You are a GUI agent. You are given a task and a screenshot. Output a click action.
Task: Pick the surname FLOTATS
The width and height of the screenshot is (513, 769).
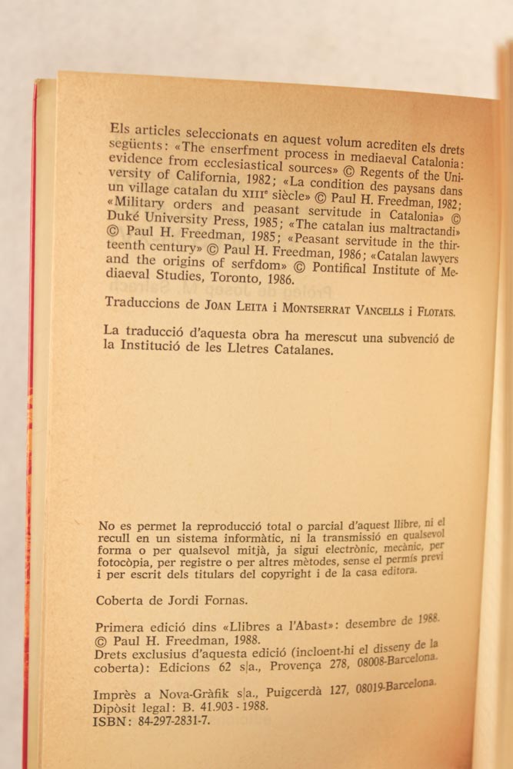431,311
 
